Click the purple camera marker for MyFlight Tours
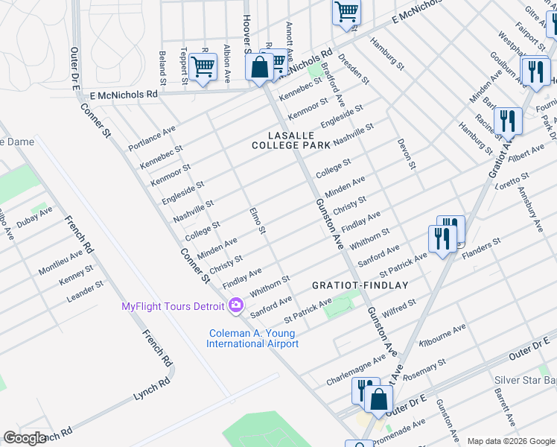[x=236, y=306]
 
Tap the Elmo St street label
[x=258, y=220]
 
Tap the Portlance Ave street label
[x=152, y=136]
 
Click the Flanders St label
[x=482, y=247]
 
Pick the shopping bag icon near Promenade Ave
[x=379, y=399]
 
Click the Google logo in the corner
[x=25, y=438]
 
